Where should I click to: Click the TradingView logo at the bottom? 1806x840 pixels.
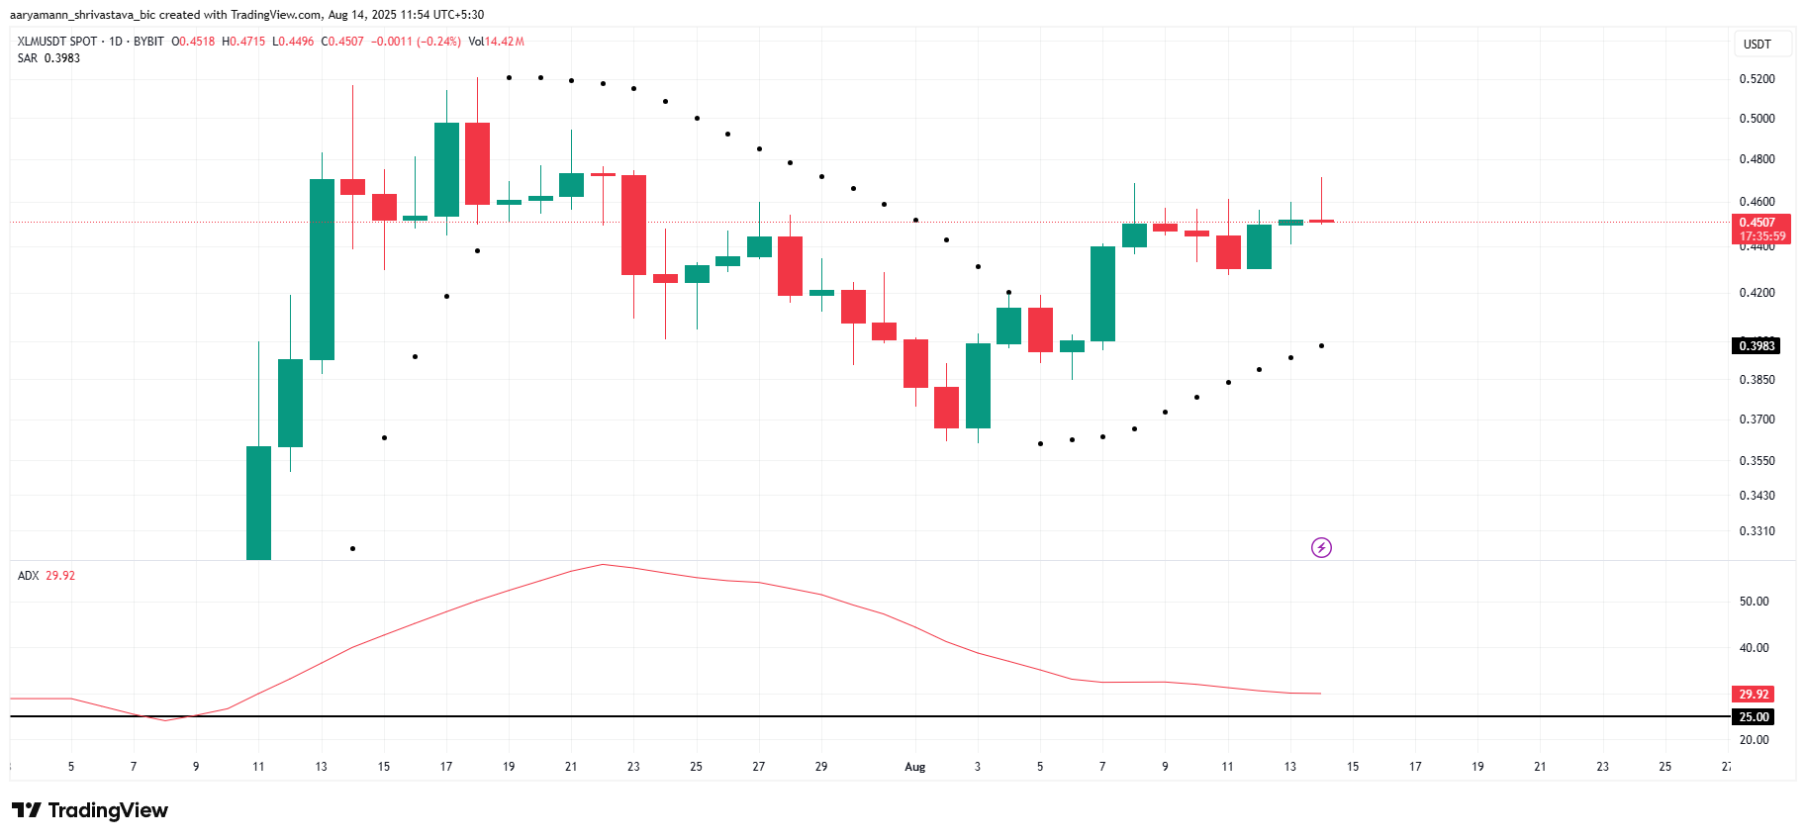coord(90,810)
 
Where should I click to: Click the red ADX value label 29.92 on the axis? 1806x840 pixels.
coord(1754,695)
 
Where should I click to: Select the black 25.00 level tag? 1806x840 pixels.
coord(1754,717)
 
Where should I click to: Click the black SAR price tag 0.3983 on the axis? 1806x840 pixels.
coord(1757,346)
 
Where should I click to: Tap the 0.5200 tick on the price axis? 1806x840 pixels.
coord(1757,79)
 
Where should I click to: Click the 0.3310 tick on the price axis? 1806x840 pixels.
coord(1757,531)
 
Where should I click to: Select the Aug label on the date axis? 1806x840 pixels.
coord(914,767)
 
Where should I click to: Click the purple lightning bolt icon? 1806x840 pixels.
coord(1321,548)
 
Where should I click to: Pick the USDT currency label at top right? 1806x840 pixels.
coord(1757,45)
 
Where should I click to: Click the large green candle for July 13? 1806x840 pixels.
coord(322,269)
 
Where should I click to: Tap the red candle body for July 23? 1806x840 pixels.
coord(633,225)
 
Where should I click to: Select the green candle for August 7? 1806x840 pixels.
coord(1102,294)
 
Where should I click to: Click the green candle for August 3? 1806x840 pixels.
coord(978,386)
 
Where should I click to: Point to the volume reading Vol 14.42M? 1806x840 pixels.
coord(496,42)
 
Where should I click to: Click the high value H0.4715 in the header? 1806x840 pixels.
coord(243,42)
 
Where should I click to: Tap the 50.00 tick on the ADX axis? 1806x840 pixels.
coord(1754,602)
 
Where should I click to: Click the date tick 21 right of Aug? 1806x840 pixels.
coord(1540,767)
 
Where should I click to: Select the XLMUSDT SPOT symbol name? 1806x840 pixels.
coord(57,42)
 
